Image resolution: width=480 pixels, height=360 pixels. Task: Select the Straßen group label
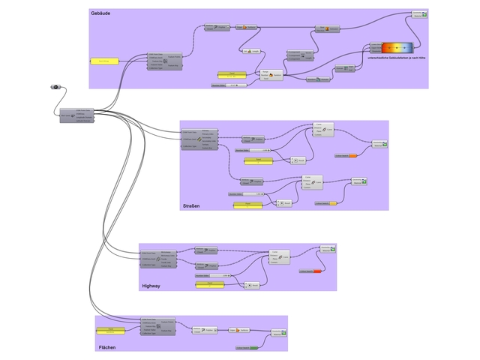tap(193, 205)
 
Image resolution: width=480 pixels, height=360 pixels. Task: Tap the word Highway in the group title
tap(151, 286)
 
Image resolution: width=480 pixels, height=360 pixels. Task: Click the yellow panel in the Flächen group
tap(110, 329)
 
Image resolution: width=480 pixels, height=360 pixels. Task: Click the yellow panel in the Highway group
tap(210, 284)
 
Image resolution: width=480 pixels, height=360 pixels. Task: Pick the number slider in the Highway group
tap(211, 276)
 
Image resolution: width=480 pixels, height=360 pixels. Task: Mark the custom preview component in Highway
tap(328, 249)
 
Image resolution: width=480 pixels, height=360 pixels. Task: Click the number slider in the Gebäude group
tap(229, 85)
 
